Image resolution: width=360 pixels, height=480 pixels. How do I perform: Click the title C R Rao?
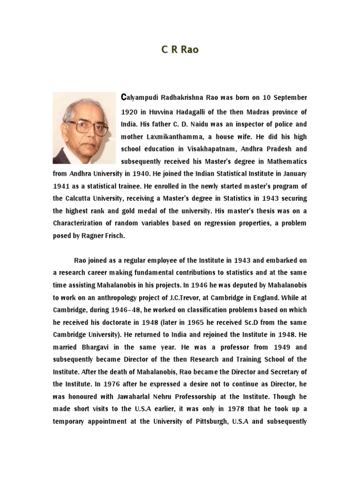(180, 50)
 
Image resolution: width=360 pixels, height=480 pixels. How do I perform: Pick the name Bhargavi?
(96, 347)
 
